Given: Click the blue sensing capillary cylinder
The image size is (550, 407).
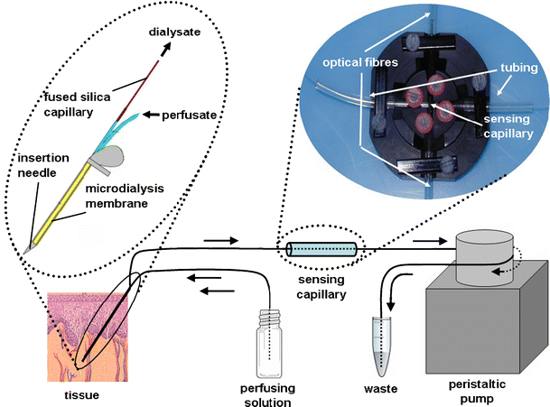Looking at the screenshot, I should [321, 247].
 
